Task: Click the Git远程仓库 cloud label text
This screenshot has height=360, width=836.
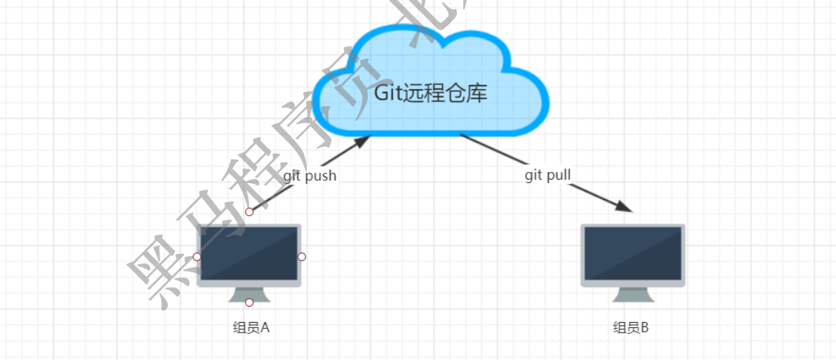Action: (x=430, y=93)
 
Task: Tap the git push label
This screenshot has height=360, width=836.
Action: (x=310, y=175)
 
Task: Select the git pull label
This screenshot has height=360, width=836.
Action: (x=548, y=175)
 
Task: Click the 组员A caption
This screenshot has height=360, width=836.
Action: (x=251, y=327)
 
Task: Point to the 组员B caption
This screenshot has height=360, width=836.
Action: (x=631, y=327)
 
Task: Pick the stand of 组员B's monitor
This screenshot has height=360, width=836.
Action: (x=632, y=295)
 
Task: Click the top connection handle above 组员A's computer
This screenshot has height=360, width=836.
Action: (x=249, y=211)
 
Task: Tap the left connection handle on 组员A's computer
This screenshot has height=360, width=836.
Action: (x=197, y=257)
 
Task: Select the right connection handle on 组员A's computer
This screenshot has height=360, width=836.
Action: (x=302, y=257)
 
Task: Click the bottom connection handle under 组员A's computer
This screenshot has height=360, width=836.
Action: (x=249, y=302)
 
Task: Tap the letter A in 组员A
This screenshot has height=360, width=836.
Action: (x=265, y=327)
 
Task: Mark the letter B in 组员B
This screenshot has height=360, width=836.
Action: (x=644, y=327)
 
